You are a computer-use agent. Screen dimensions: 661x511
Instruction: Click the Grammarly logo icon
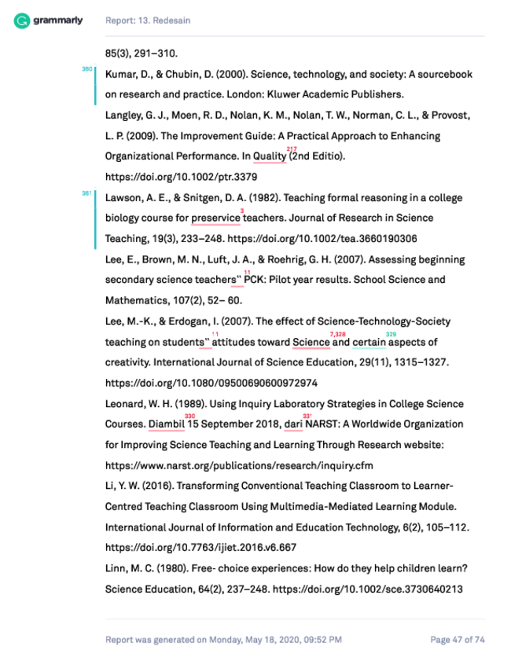22,20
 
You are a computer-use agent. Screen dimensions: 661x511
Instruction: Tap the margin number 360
86,69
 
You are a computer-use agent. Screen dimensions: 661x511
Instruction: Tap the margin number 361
86,193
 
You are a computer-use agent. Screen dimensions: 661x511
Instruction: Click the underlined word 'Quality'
269,156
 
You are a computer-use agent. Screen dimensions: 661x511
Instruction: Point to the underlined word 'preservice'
215,218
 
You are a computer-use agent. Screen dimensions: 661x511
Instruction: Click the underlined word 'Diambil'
166,424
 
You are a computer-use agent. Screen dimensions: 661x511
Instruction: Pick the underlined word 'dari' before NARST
293,424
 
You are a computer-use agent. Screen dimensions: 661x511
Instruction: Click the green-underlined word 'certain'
369,343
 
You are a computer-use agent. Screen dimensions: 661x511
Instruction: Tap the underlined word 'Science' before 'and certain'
311,343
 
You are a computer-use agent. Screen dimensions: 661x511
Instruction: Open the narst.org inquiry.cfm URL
239,465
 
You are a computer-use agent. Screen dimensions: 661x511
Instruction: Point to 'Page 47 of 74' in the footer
457,640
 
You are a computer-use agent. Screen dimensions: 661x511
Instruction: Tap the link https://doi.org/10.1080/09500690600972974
211,384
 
